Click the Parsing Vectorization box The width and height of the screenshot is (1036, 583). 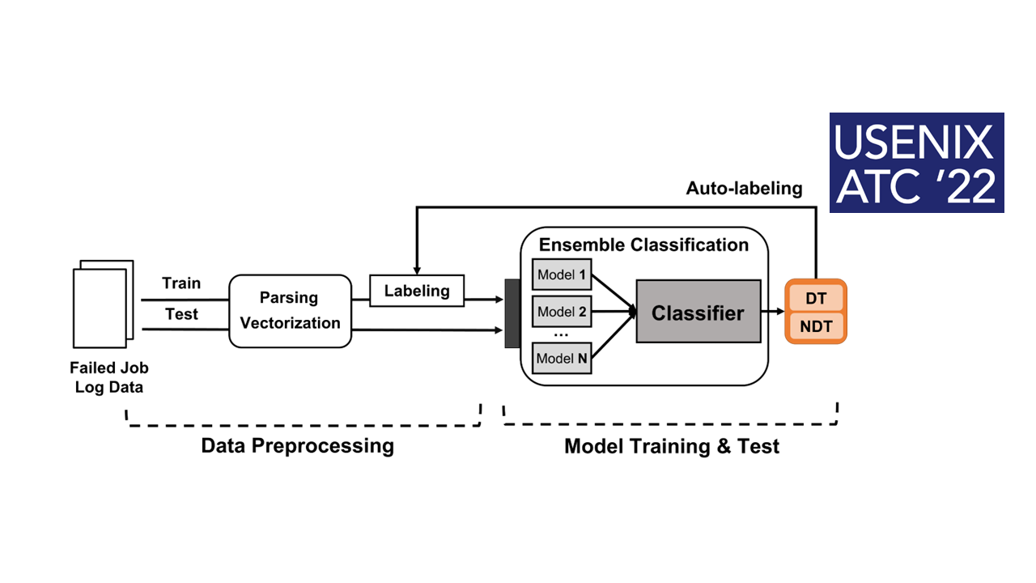[x=291, y=311]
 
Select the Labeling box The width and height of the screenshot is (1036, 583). [x=417, y=291]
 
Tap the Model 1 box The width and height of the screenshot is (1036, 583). [x=562, y=274]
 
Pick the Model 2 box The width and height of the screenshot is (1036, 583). [x=562, y=312]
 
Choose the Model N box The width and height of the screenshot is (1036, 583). [x=562, y=359]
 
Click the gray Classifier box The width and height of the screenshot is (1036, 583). [x=698, y=311]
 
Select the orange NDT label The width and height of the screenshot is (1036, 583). [x=816, y=326]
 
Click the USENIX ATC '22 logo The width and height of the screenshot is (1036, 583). [x=916, y=163]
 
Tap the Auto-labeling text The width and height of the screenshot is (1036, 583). [x=744, y=188]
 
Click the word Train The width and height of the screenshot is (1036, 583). [x=181, y=283]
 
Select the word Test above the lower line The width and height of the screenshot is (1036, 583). [x=181, y=314]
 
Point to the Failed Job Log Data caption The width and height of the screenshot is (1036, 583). [x=108, y=377]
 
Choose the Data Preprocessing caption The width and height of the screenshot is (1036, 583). [x=297, y=445]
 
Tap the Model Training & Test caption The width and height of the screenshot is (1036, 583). [x=672, y=445]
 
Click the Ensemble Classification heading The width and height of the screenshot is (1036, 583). [x=643, y=245]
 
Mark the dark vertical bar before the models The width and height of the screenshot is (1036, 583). [x=512, y=313]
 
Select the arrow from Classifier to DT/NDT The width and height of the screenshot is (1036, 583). [x=773, y=312]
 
